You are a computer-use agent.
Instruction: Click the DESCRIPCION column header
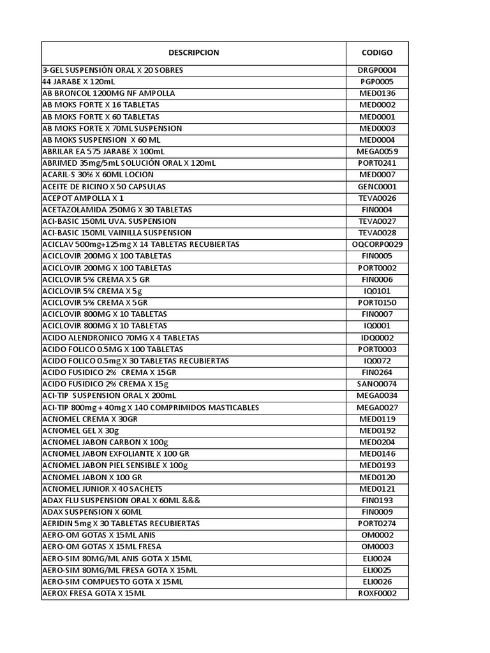[x=193, y=53]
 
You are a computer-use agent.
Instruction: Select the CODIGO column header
[x=377, y=53]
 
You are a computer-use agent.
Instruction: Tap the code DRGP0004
[x=377, y=70]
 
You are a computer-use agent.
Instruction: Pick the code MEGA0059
[x=377, y=152]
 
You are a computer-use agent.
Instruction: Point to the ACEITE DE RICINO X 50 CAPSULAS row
[x=104, y=186]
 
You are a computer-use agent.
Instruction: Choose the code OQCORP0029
[x=377, y=245]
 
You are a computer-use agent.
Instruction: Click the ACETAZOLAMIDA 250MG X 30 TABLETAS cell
[x=117, y=210]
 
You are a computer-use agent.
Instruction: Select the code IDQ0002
[x=377, y=338]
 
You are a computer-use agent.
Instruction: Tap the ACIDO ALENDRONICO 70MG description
[x=121, y=338]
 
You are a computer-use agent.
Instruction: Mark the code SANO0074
[x=377, y=384]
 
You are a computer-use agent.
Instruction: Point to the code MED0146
[x=377, y=454]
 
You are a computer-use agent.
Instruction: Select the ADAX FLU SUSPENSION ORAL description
[x=121, y=501]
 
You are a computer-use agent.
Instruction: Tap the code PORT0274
[x=377, y=524]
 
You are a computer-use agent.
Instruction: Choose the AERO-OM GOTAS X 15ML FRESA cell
[x=101, y=547]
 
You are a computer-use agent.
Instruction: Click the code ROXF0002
[x=377, y=594]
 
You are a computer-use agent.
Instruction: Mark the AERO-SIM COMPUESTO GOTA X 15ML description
[x=112, y=582]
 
